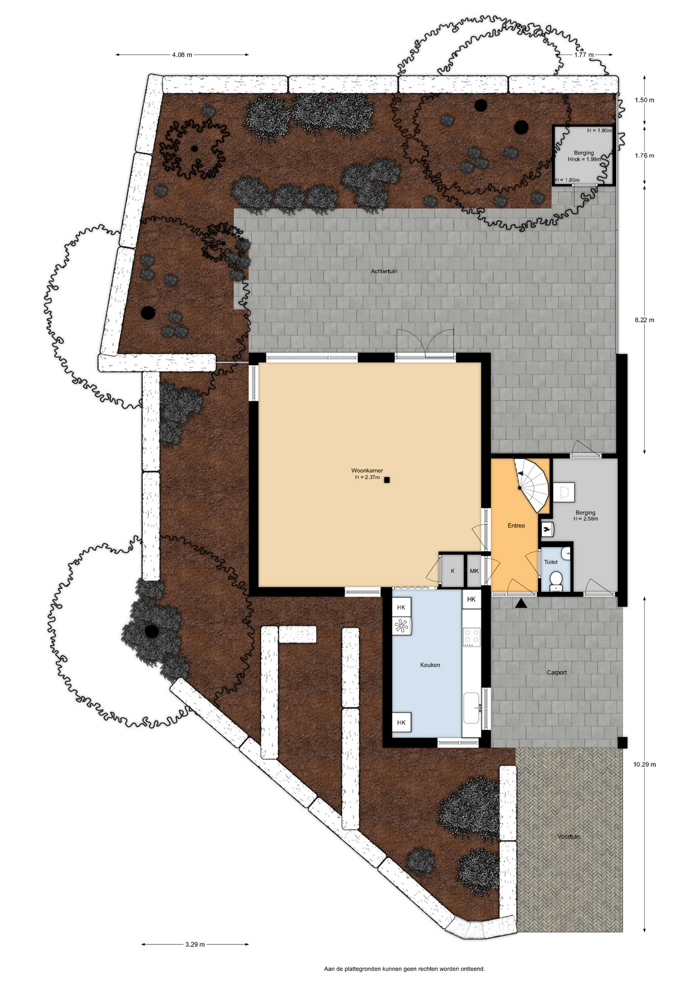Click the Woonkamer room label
click(x=367, y=470)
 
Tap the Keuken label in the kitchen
click(x=430, y=665)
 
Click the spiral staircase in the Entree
click(x=533, y=485)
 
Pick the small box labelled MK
click(x=474, y=571)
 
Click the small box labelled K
click(x=452, y=571)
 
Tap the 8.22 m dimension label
click(x=644, y=320)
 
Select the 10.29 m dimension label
click(x=644, y=764)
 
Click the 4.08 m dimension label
click(x=182, y=55)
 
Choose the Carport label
click(x=556, y=673)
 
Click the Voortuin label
click(x=568, y=837)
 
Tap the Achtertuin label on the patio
click(x=384, y=271)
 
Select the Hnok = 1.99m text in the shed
click(x=584, y=160)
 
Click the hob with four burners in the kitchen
click(x=472, y=637)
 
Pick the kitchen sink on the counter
click(x=472, y=708)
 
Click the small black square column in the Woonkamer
click(x=387, y=480)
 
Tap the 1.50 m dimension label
click(x=644, y=101)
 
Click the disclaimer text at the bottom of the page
click(x=404, y=969)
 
